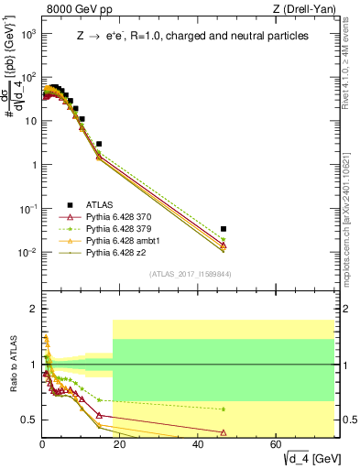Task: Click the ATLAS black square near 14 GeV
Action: tap(99, 144)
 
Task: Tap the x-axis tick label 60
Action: tap(277, 444)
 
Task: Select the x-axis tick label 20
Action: tap(120, 444)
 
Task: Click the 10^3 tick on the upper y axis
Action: tap(29, 34)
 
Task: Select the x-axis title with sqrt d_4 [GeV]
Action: tap(301, 458)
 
